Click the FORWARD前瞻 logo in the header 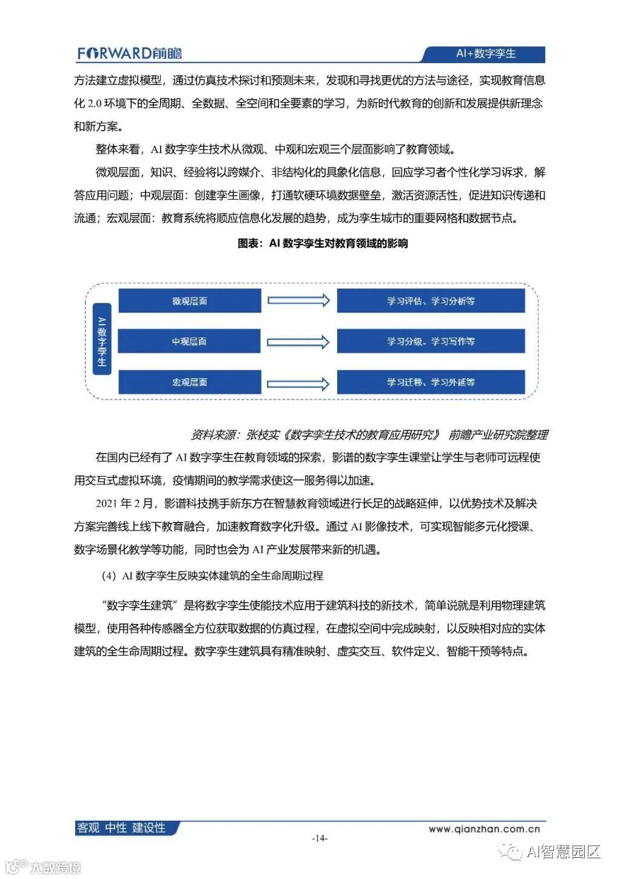(129, 53)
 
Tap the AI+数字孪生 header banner (485, 53)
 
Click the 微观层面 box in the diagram (189, 301)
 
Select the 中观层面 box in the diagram (189, 342)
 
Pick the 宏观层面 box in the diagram (189, 382)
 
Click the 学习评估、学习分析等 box (431, 301)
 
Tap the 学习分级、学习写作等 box (431, 342)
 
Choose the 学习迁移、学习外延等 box (431, 382)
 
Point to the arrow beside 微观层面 (298, 300)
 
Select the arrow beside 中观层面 (298, 342)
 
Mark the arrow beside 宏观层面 (298, 384)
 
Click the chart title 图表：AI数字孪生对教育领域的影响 (323, 243)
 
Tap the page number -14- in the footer (320, 838)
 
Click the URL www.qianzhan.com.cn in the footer (484, 829)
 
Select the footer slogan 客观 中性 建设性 (121, 828)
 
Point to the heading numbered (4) (212, 575)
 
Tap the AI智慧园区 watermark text (563, 852)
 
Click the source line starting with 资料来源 (369, 435)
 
